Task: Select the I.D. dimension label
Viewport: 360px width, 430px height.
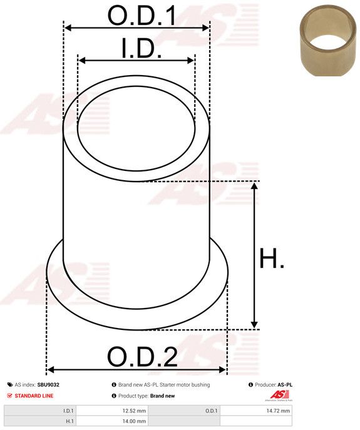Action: [141, 49]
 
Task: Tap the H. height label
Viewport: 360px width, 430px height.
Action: [272, 259]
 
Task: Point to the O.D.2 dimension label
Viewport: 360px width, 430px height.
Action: [142, 357]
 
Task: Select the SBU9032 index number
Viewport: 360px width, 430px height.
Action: [48, 385]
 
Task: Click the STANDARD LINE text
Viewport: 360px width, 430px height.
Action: [34, 396]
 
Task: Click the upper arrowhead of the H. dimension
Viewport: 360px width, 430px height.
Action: [254, 186]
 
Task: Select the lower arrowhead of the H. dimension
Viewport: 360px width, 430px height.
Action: [254, 324]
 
